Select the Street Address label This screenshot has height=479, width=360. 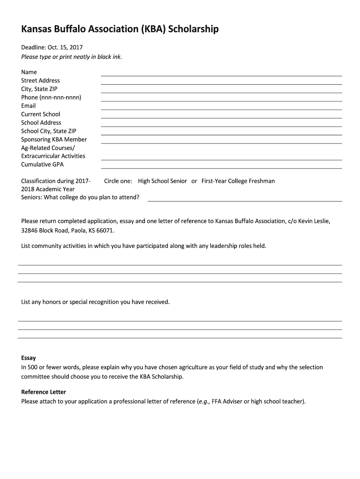[40, 80]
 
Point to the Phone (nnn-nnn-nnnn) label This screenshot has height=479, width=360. [51, 97]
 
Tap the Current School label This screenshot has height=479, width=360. [41, 114]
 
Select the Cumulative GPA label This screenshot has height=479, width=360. [42, 165]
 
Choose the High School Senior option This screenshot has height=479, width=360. [162, 181]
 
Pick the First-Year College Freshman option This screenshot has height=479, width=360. [238, 181]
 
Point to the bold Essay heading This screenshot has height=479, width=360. [29, 358]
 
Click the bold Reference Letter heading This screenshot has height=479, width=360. [43, 392]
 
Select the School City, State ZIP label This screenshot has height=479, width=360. [49, 131]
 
